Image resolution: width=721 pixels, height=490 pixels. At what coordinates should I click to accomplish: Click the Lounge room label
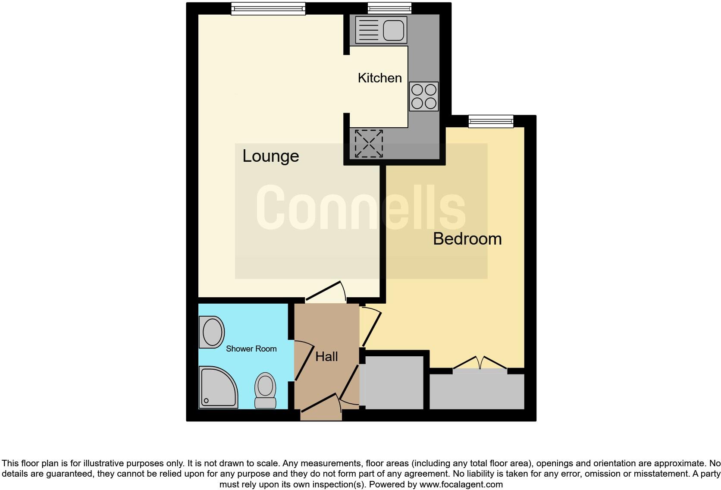point(270,156)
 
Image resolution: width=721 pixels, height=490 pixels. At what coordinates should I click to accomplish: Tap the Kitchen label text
point(379,78)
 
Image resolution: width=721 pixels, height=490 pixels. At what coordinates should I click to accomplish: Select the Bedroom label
point(467,239)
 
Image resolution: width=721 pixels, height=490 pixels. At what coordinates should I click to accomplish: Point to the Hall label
point(326,357)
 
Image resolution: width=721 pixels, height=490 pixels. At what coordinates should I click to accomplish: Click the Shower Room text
point(251,349)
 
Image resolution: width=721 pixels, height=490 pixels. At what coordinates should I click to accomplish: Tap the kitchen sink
point(381,29)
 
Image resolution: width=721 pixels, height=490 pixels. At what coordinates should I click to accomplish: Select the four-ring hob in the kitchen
point(423,97)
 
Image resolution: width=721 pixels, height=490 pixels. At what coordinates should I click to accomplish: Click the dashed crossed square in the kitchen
point(369,144)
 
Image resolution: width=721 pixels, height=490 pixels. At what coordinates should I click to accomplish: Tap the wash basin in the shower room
point(211,332)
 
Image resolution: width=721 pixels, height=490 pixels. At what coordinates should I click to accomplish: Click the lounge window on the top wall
point(268,9)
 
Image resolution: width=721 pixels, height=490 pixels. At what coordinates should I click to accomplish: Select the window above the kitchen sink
point(389,8)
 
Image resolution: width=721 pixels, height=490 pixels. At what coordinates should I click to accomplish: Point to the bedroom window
point(491,121)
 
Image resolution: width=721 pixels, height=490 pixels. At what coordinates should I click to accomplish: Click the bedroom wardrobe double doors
point(480,363)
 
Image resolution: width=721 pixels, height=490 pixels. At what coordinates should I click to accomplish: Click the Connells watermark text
point(361,208)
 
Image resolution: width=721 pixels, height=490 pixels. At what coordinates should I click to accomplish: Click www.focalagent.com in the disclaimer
point(461,484)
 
